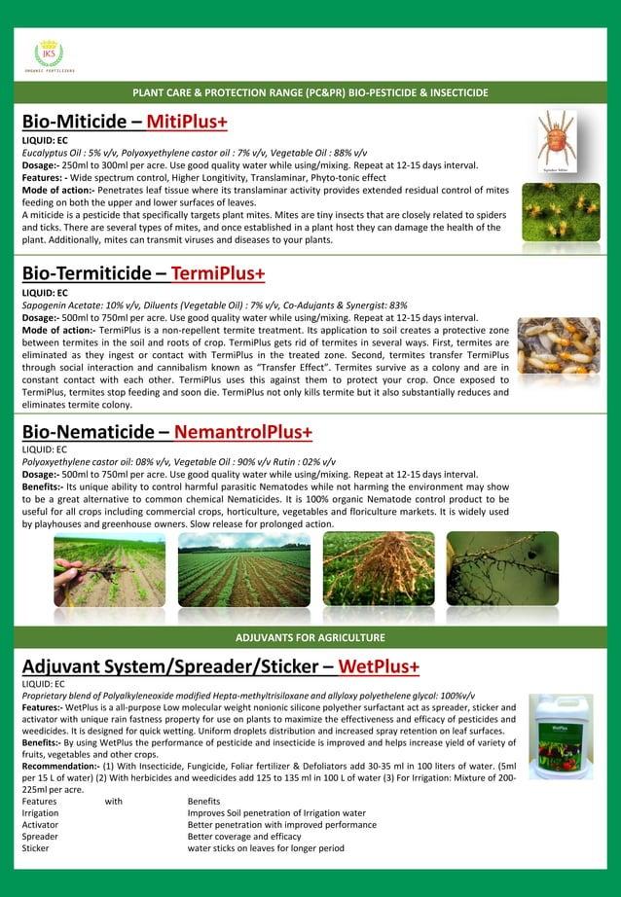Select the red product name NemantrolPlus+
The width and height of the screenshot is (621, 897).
click(x=245, y=430)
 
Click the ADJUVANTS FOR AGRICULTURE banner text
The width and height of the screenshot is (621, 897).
click(x=310, y=637)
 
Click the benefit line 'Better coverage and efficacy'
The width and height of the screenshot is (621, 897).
click(x=245, y=837)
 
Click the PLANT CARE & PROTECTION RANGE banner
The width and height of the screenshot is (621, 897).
click(x=310, y=92)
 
